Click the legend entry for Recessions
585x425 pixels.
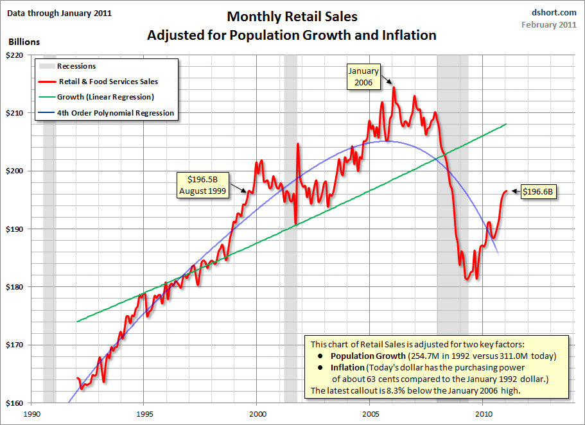tap(76, 66)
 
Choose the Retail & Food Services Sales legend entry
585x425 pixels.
tap(107, 82)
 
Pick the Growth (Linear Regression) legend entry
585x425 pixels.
tap(105, 97)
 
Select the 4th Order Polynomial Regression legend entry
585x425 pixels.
tap(115, 113)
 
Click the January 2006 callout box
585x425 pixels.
tap(363, 76)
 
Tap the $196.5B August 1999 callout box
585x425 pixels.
tap(203, 186)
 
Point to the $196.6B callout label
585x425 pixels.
tap(538, 191)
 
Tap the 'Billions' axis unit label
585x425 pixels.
tap(24, 42)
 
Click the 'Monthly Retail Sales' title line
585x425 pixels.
tap(292, 17)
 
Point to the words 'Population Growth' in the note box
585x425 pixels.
tap(362, 356)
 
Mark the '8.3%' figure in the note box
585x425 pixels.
tap(409, 390)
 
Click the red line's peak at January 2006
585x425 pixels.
tap(394, 87)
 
